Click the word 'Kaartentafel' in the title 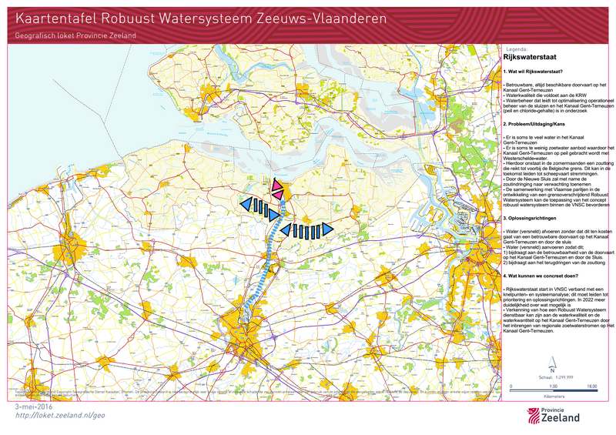click(55, 17)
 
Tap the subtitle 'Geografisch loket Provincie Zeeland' click(75, 36)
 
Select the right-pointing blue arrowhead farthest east click(326, 229)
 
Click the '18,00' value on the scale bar click(592, 386)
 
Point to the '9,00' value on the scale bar click(552, 386)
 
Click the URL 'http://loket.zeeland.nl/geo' click(60, 415)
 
